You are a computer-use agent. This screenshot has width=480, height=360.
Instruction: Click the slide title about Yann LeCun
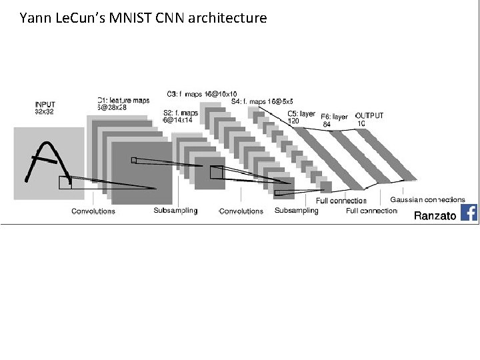pyautogui.click(x=143, y=18)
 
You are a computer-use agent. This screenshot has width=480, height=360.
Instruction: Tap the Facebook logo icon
pyautogui.click(x=469, y=213)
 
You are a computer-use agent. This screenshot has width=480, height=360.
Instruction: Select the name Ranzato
pyautogui.click(x=435, y=215)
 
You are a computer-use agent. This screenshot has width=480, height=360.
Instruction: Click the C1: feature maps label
pyautogui.click(x=123, y=104)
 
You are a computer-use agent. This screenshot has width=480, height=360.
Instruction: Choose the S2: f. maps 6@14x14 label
pyautogui.click(x=181, y=117)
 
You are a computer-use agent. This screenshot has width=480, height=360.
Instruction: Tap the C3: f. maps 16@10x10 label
pyautogui.click(x=202, y=94)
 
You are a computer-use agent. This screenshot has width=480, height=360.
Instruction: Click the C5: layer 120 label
pyautogui.click(x=301, y=117)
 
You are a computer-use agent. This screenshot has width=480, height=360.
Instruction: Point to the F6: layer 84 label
pyautogui.click(x=334, y=120)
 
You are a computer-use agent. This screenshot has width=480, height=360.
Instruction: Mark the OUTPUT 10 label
pyautogui.click(x=369, y=119)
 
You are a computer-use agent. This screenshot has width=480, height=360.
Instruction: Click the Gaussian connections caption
pyautogui.click(x=427, y=199)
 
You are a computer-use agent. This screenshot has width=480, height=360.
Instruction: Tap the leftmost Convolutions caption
pyautogui.click(x=93, y=211)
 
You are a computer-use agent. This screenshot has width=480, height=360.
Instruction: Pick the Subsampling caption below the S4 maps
pyautogui.click(x=296, y=211)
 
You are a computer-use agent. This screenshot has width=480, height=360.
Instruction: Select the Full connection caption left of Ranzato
pyautogui.click(x=371, y=211)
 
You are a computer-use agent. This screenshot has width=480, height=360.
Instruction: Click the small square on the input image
pyautogui.click(x=65, y=183)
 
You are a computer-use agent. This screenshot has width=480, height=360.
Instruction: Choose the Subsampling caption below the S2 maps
pyautogui.click(x=175, y=211)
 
